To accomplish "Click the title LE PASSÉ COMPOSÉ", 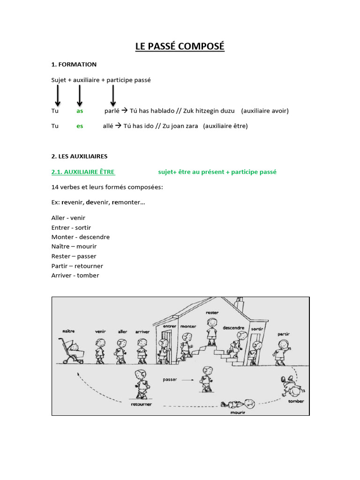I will click(x=180, y=46).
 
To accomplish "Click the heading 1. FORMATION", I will click(x=74, y=64).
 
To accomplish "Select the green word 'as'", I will click(x=80, y=111).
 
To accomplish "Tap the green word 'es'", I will click(x=80, y=126).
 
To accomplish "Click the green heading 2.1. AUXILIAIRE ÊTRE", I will click(x=83, y=172).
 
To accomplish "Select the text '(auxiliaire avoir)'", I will click(x=265, y=111).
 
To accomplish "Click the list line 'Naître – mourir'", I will click(x=74, y=246).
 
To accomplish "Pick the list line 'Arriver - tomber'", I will click(x=75, y=275).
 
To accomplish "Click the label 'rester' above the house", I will click(x=212, y=312).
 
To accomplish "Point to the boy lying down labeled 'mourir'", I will click(x=239, y=404).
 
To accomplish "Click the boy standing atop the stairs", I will click(x=212, y=330).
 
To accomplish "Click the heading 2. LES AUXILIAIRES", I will click(x=79, y=156).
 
